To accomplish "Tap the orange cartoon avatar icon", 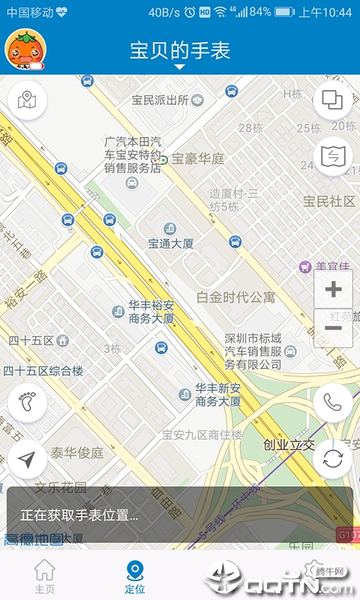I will point(23,49).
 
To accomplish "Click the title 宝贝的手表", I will point(180,50).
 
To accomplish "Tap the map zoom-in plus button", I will point(333,289).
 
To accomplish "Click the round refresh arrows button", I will point(333,459).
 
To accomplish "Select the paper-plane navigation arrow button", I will point(27,459).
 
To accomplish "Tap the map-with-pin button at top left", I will point(27,100).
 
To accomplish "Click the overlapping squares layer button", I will point(332,100).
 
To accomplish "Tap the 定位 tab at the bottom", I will point(135,577).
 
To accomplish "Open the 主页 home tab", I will point(45,577).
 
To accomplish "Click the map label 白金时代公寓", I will point(235,297).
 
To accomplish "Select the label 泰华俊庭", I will point(76,453).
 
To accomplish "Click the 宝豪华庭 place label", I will point(198,159).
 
